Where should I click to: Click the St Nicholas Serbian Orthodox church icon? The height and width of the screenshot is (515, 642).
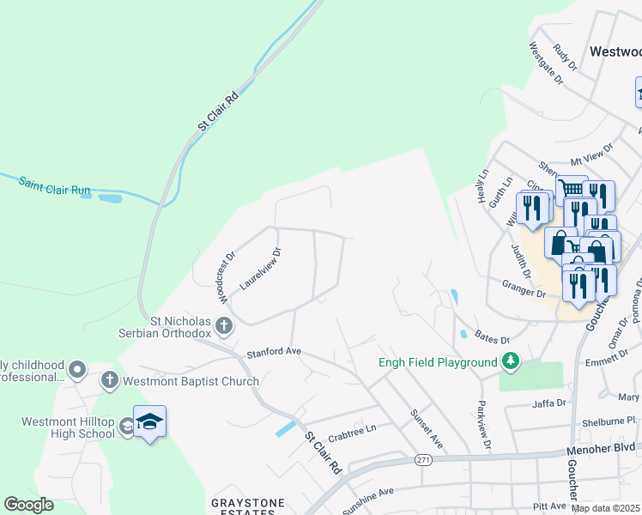[x=224, y=325]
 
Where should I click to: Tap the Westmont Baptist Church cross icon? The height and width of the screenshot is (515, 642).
[x=109, y=380]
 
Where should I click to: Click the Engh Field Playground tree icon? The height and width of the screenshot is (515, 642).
[x=511, y=362]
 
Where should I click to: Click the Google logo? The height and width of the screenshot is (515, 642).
[x=28, y=505]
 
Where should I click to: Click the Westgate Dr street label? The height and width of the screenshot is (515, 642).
[x=545, y=64]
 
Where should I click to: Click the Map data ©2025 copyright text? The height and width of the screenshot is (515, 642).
[x=606, y=508]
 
